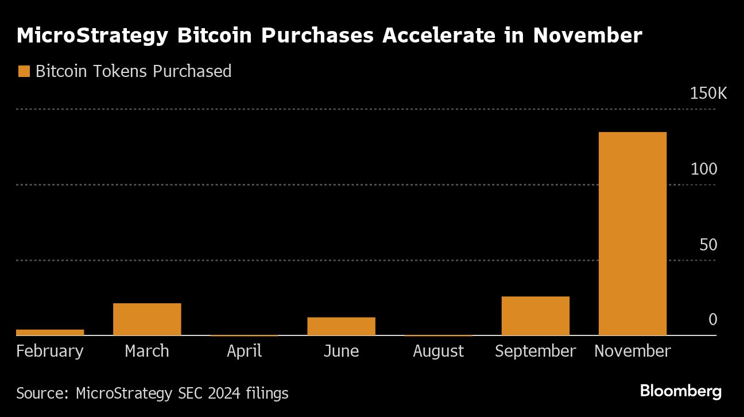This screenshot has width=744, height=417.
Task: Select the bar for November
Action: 632,233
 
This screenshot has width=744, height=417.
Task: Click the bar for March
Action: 147,319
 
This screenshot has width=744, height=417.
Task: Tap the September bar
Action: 535,315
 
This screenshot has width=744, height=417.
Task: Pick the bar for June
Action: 341,326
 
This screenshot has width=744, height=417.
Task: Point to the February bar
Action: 50,332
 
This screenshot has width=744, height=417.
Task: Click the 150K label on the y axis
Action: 708,94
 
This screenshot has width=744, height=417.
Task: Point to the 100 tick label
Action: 704,169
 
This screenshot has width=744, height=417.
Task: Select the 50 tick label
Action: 708,245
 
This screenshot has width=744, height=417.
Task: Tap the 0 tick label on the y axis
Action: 713,319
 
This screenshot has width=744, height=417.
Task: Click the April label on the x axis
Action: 245,351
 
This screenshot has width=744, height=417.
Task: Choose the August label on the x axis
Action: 438,351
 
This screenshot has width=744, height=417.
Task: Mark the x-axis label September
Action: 535,351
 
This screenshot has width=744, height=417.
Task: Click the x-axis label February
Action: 50,351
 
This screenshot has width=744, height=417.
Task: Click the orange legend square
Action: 24,71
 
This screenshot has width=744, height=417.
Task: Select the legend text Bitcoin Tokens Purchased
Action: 133,71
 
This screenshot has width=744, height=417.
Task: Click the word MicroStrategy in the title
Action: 92,36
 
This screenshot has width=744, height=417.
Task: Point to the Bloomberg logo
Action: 681,392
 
